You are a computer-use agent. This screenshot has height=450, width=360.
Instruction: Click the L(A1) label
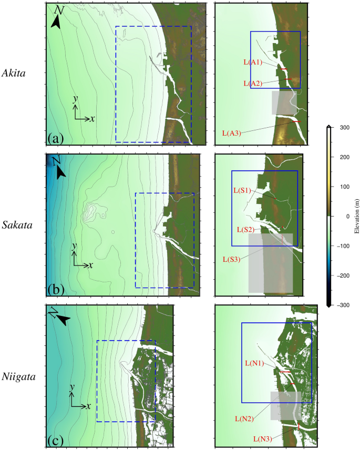click(x=253, y=62)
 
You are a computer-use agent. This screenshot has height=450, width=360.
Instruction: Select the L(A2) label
click(x=253, y=83)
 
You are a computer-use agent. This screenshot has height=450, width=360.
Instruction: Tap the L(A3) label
click(x=231, y=133)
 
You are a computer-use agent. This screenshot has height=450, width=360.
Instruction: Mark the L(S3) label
click(x=231, y=259)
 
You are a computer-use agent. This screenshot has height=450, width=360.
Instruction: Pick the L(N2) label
click(x=244, y=418)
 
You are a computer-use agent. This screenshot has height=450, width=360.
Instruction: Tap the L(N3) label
click(x=262, y=438)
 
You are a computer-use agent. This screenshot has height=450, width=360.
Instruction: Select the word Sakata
click(x=17, y=225)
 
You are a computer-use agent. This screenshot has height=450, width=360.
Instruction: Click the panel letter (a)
click(x=55, y=138)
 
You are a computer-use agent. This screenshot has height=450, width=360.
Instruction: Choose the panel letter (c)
click(x=55, y=439)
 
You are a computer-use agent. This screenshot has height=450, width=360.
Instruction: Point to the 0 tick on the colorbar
click(x=345, y=216)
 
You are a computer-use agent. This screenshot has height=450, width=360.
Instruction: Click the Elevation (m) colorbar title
click(x=357, y=216)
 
